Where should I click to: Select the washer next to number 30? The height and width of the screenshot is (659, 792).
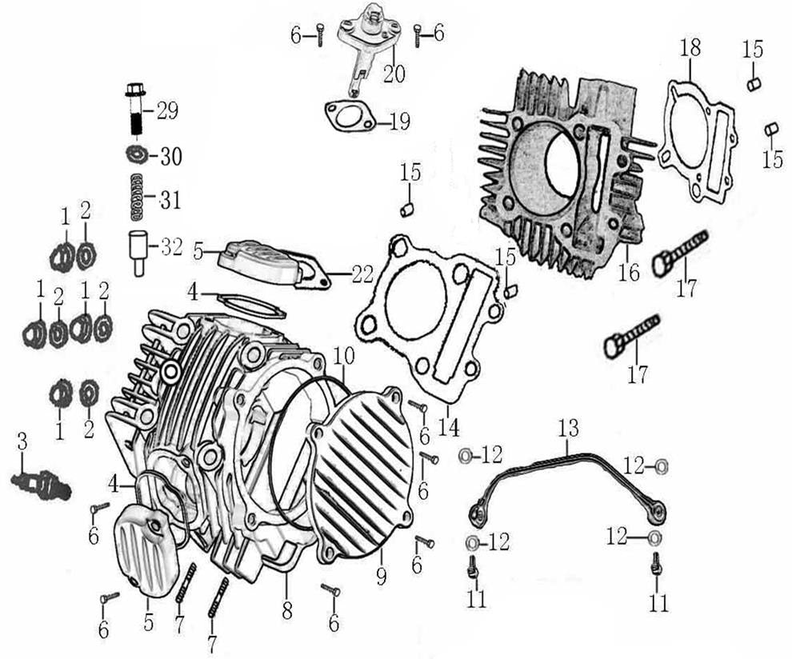point(136,154)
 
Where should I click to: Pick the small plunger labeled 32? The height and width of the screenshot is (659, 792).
point(138,250)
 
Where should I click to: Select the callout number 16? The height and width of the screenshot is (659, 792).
point(630,272)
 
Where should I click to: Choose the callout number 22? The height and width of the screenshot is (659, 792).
point(362,274)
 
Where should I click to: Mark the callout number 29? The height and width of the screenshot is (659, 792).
point(167,110)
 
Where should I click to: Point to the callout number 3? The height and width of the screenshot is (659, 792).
point(22,441)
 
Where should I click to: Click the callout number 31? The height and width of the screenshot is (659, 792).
point(170,199)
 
